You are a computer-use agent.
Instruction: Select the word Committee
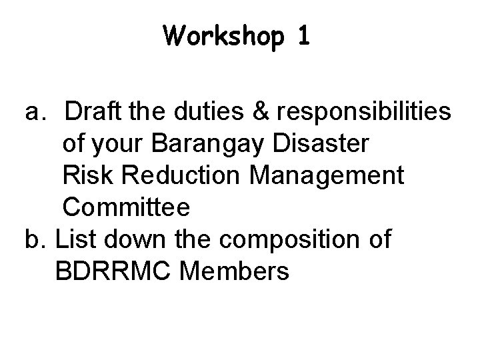pos(127,207)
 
